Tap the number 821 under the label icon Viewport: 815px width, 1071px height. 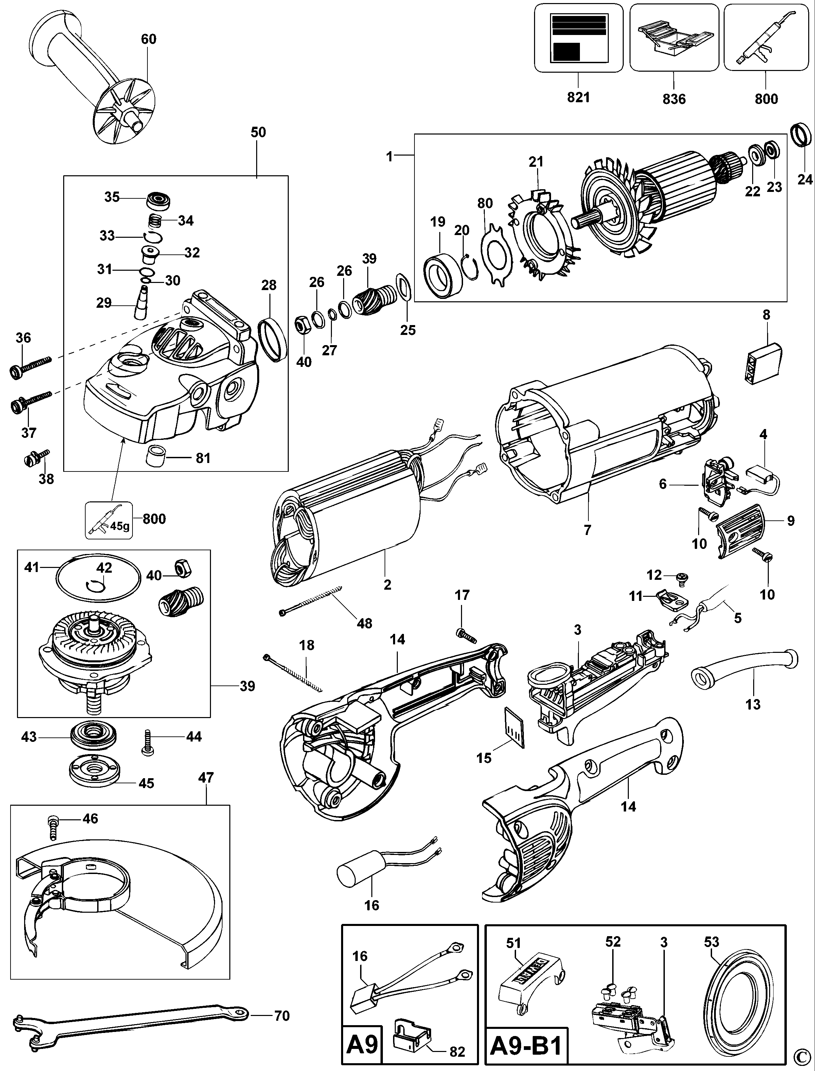(578, 97)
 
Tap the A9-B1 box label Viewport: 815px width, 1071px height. (526, 1047)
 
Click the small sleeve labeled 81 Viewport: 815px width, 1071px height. (157, 457)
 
